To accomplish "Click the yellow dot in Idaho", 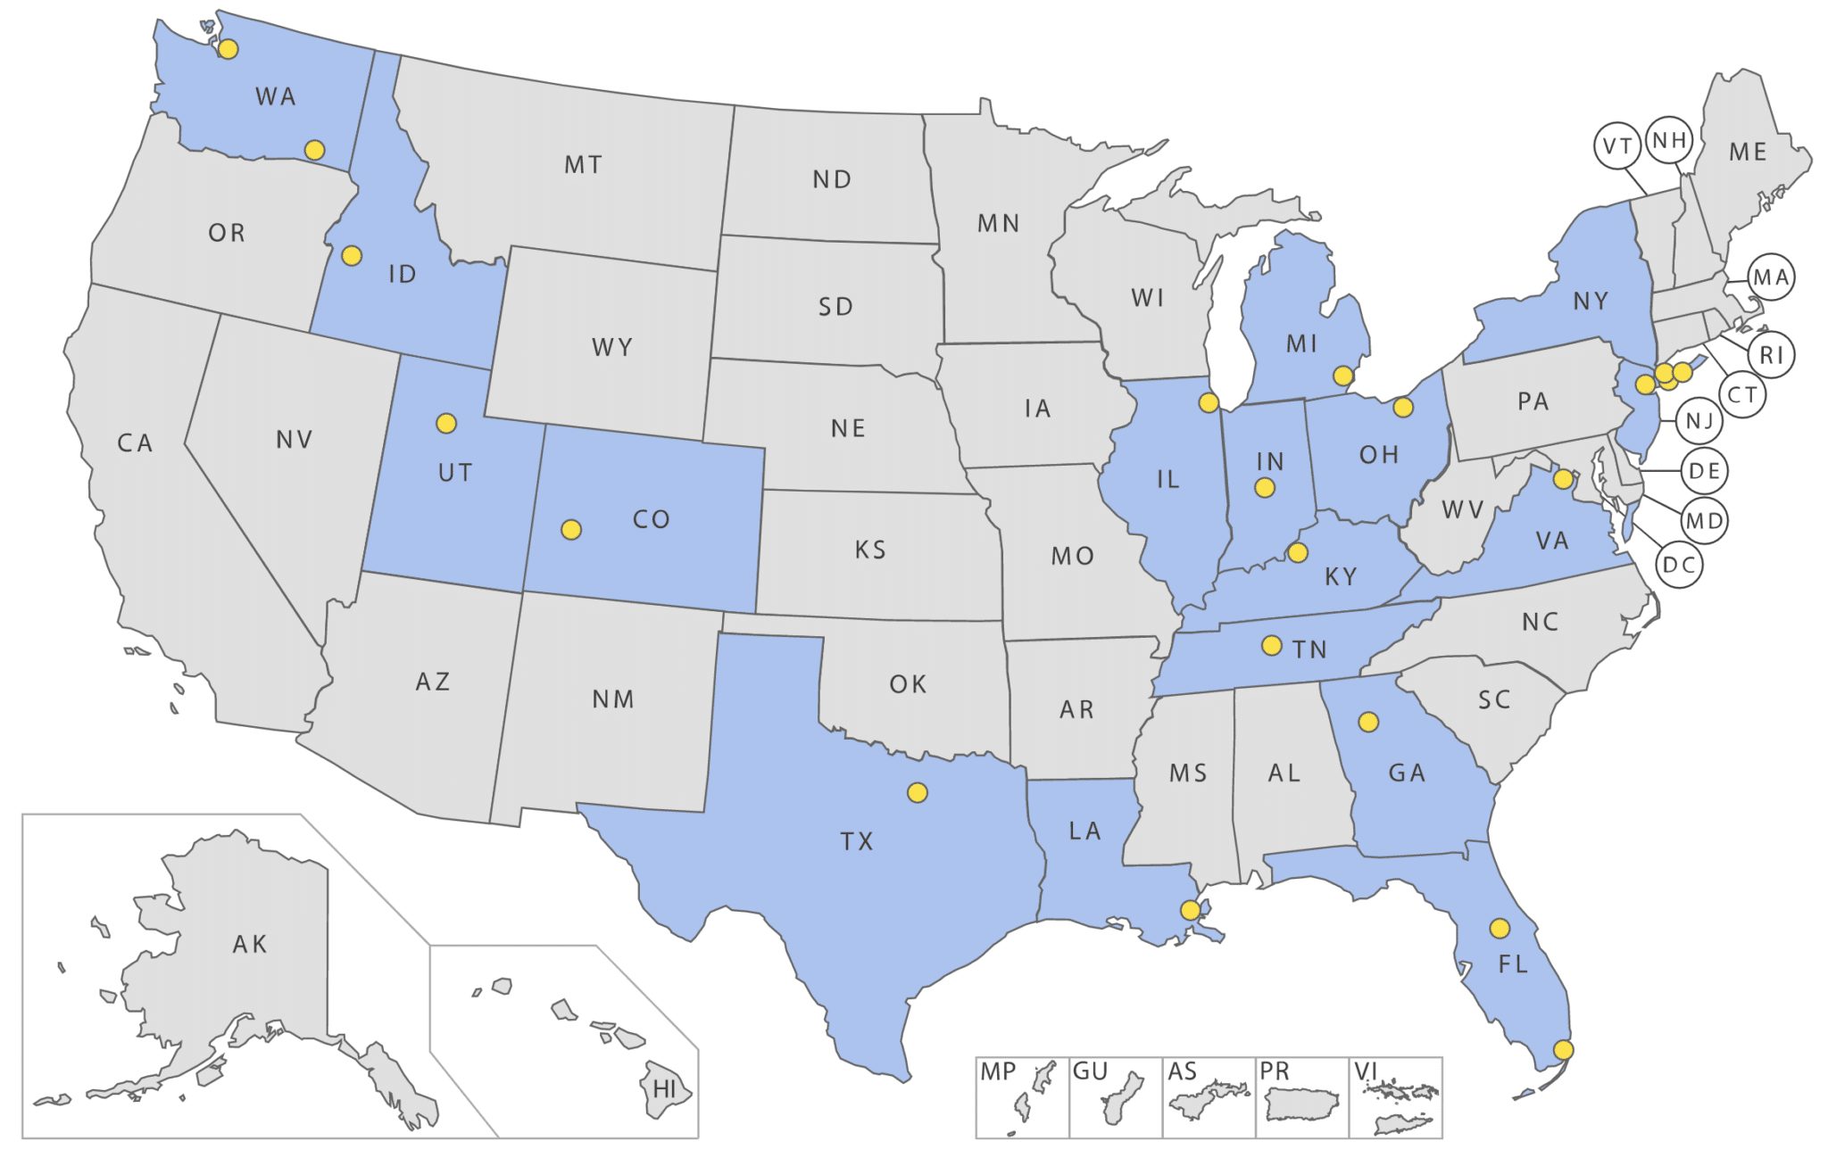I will [352, 256].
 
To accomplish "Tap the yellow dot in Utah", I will [446, 423].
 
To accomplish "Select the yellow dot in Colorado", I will [571, 530].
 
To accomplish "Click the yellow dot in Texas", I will [918, 792].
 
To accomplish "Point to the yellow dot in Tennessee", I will [1272, 644].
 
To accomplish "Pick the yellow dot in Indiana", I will [1264, 487].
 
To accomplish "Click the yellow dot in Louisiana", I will [1190, 910].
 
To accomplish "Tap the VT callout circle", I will [1617, 146].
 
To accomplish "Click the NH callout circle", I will [1669, 140].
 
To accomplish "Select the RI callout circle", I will [1771, 355].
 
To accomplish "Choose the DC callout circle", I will [1679, 565].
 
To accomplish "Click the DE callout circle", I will [1704, 471].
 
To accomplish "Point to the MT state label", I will [583, 165].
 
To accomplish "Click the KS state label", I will [870, 550].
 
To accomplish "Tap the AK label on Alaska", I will [250, 944].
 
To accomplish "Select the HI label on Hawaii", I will [665, 1088].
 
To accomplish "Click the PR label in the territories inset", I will [1275, 1071].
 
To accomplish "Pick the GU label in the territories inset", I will [1090, 1071].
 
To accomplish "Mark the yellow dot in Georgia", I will [1367, 721].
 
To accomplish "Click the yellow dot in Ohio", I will [1403, 408].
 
